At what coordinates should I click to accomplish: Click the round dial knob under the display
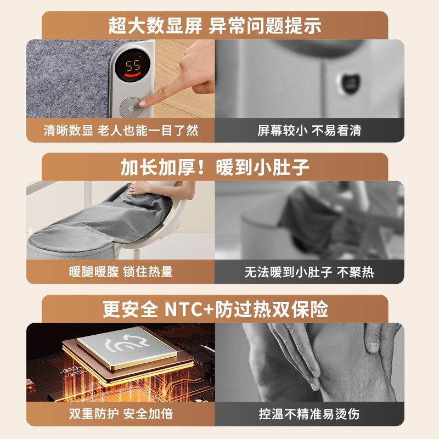click(132, 106)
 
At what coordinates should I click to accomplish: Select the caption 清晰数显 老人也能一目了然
click(121, 131)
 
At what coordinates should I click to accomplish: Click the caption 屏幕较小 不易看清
click(309, 131)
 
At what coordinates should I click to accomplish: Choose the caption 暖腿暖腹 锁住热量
click(121, 272)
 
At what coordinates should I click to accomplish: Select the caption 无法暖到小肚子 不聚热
click(309, 272)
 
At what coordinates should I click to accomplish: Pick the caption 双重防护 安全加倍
click(121, 413)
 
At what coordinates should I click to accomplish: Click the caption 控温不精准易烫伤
click(309, 413)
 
